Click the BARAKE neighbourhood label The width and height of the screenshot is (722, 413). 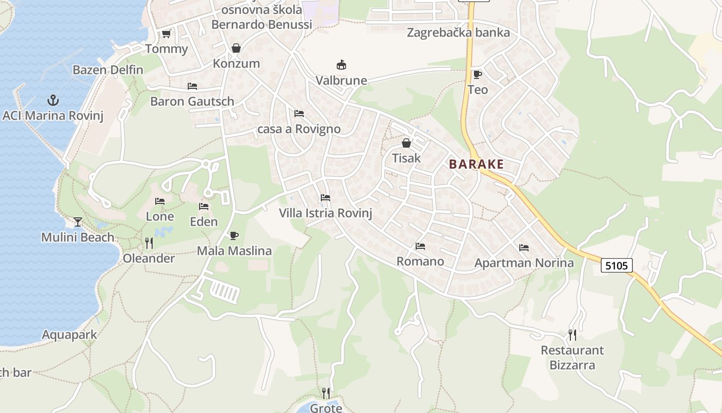[476, 164]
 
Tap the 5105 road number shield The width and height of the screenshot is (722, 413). [616, 265]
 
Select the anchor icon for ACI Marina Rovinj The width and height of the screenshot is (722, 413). [53, 100]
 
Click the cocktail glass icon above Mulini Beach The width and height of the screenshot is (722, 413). [78, 221]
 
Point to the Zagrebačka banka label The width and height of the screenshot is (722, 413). [458, 33]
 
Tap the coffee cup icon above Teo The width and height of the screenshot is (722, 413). [477, 74]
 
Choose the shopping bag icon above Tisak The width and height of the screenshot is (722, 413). [406, 143]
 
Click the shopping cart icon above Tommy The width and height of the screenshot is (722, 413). [166, 34]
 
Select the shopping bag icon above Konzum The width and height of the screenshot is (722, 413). [236, 48]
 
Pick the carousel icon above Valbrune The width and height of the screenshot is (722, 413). [341, 65]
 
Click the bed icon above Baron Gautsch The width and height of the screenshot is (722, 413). [192, 86]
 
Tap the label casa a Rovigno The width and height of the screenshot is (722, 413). [299, 129]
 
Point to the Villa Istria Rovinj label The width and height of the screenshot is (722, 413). [325, 213]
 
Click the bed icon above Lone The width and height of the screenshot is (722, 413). [160, 201]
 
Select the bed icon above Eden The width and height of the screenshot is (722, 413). [204, 206]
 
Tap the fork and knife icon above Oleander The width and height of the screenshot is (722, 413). [149, 243]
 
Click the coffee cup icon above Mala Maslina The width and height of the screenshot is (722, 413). [234, 235]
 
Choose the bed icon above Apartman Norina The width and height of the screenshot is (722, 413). [524, 248]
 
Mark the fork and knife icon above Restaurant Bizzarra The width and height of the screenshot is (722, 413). [572, 335]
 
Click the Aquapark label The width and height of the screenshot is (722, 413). [69, 335]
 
